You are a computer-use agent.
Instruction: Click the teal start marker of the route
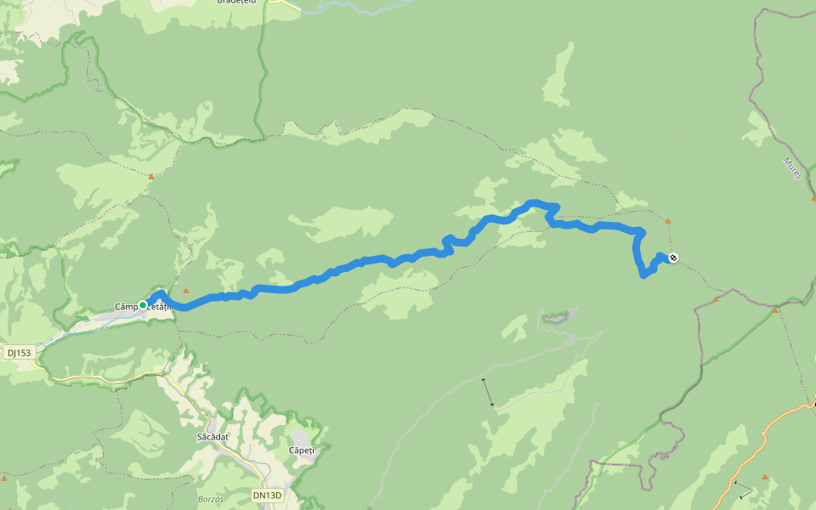coord(143,304)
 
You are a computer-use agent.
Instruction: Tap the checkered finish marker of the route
coord(673,258)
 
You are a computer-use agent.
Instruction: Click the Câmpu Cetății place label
coord(144,306)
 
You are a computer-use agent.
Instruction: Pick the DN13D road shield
coord(266,494)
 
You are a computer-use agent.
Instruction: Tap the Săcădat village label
coord(209,436)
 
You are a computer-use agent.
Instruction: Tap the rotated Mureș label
coord(792,167)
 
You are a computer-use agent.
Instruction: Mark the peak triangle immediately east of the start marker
coord(185,291)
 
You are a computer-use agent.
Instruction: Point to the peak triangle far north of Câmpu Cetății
coord(150,177)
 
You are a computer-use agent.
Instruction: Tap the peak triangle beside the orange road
coord(764,477)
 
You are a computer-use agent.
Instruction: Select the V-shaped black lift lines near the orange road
coord(743,490)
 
